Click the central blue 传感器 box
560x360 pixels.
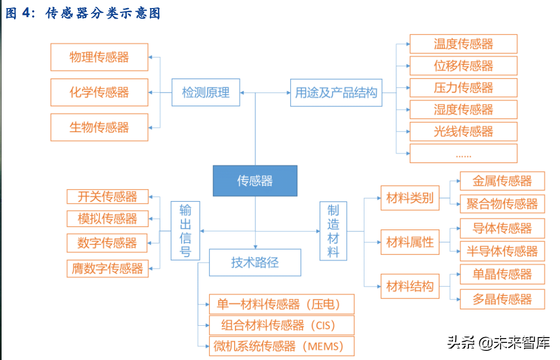tap(255, 181)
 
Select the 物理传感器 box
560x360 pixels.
tap(99, 57)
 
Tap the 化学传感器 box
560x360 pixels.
tap(99, 92)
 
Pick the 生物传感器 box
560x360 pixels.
tap(99, 127)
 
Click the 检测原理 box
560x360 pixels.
tap(206, 93)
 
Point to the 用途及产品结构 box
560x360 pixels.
tap(336, 93)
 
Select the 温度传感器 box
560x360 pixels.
tap(463, 44)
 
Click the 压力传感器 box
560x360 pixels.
tap(463, 88)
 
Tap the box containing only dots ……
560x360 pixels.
tap(463, 154)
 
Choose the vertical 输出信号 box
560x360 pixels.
tap(185, 231)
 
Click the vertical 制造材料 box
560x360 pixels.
tap(333, 231)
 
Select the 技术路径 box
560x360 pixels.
tap(255, 262)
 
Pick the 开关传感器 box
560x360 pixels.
tap(108, 196)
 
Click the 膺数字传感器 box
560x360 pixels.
tap(108, 269)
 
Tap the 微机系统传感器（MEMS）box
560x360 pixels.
tap(282, 346)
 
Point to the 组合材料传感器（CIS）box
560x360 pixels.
tap(282, 325)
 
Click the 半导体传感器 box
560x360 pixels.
tap(502, 251)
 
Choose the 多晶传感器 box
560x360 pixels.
tap(502, 299)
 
